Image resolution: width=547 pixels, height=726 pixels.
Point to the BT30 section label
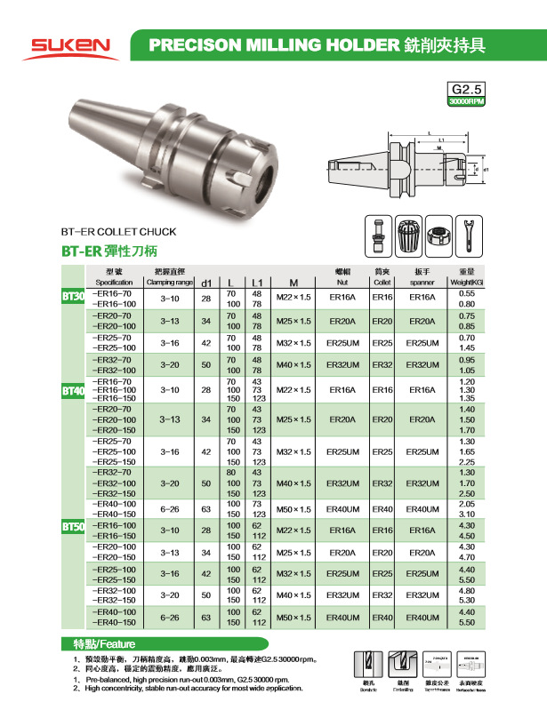click(x=73, y=296)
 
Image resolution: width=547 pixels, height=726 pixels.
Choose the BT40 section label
click(x=73, y=390)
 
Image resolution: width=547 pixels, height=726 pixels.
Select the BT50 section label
click(x=73, y=527)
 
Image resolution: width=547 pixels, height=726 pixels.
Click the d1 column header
click(x=205, y=282)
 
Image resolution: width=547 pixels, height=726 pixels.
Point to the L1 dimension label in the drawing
click(x=442, y=140)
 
